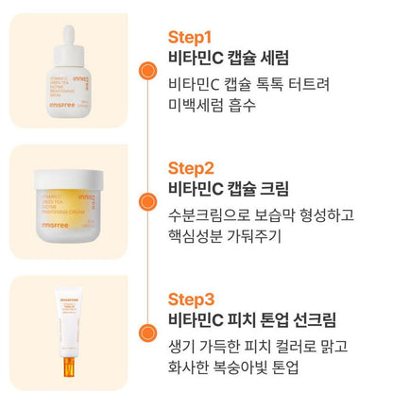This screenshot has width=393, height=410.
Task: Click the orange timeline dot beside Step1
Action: point(146,70)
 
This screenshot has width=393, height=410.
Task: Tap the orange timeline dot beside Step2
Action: point(146,201)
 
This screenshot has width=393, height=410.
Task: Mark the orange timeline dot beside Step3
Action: point(146,333)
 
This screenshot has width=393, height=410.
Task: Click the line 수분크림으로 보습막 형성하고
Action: point(261,214)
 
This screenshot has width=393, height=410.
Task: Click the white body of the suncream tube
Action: point(67,322)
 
